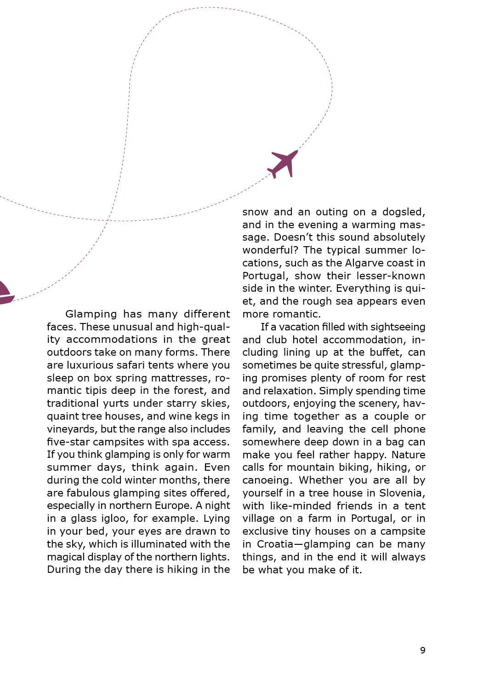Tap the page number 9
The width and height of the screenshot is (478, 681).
pos(423,650)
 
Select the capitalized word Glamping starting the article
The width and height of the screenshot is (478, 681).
pos(91,314)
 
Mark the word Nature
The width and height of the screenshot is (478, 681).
pos(409,455)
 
